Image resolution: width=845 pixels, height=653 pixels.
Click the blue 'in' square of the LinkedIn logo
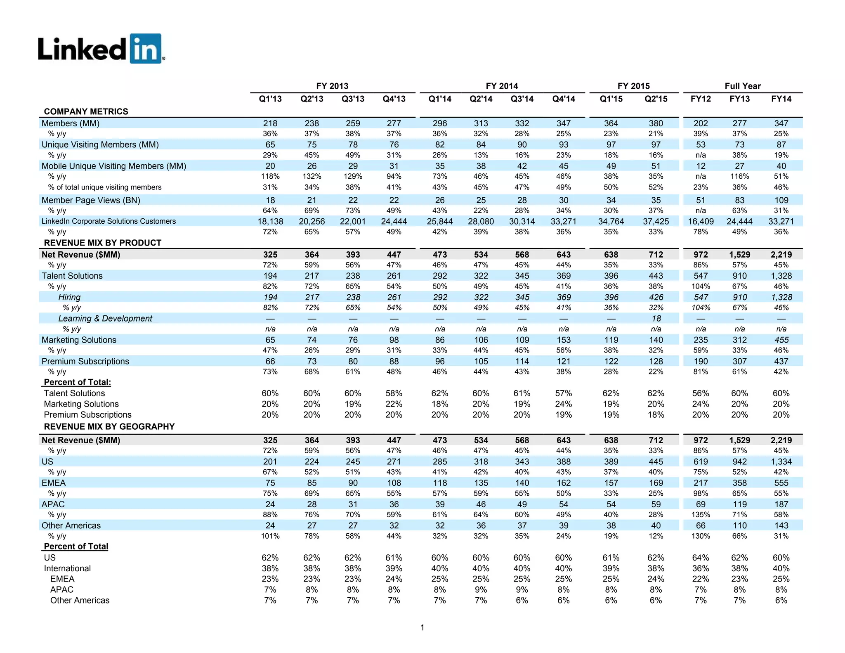[145, 49]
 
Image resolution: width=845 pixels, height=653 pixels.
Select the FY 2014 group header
[502, 86]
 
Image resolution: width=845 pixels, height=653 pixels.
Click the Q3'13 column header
[353, 99]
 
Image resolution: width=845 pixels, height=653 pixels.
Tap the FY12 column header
[701, 99]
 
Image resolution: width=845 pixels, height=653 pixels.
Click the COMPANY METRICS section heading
[86, 111]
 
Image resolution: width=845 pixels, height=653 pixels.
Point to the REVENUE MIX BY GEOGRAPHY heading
[109, 426]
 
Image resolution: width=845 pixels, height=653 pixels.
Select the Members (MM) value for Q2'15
[656, 123]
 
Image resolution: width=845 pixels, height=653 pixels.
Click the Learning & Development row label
[105, 318]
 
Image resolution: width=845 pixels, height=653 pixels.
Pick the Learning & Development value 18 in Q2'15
[656, 318]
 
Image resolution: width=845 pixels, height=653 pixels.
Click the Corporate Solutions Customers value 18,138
[270, 221]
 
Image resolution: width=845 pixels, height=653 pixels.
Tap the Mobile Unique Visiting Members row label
[114, 166]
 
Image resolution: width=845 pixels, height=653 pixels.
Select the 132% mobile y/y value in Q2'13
[312, 176]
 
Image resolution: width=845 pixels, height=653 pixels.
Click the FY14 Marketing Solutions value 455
[781, 340]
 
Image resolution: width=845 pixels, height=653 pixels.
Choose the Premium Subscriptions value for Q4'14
[563, 361]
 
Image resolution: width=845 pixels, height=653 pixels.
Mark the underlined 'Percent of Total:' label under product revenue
[77, 382]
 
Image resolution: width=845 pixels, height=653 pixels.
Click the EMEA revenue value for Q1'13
[270, 483]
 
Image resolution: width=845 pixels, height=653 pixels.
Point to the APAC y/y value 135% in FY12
[701, 515]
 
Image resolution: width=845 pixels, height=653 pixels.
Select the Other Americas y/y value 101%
[270, 536]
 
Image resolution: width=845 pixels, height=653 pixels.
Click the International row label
[67, 568]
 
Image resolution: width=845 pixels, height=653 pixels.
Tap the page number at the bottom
[422, 627]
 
